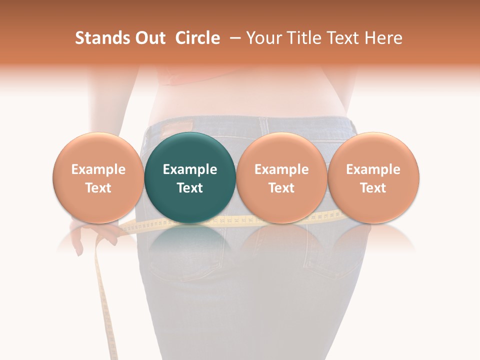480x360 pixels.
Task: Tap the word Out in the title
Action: pyautogui.click(x=149, y=38)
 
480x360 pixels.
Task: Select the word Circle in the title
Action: pyautogui.click(x=197, y=38)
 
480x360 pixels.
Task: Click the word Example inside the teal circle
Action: pyautogui.click(x=190, y=169)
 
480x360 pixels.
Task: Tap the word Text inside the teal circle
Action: pyautogui.click(x=190, y=188)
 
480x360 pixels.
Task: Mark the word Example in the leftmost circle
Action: pyautogui.click(x=98, y=169)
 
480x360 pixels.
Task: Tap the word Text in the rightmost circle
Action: pyautogui.click(x=373, y=188)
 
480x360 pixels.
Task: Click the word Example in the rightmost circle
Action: pyautogui.click(x=373, y=169)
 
